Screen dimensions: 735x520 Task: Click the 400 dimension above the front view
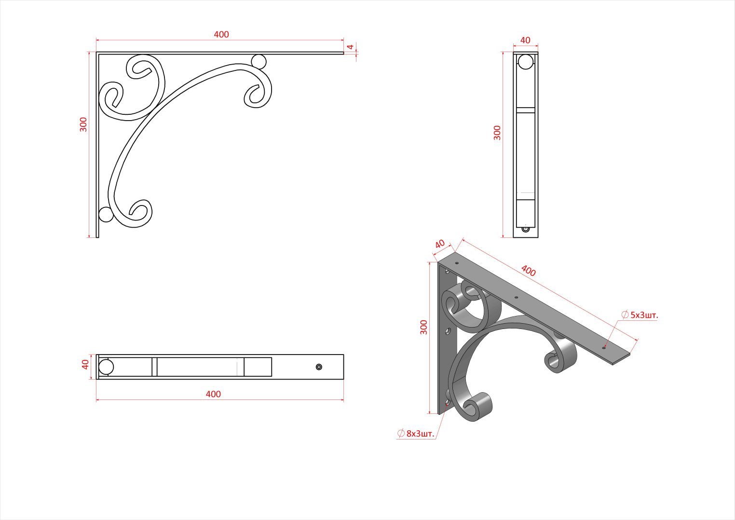[221, 34]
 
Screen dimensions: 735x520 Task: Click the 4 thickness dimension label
[351, 47]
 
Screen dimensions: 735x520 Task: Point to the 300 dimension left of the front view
[83, 124]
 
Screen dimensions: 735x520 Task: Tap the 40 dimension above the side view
[525, 40]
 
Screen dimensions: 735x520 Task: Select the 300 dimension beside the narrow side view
[497, 133]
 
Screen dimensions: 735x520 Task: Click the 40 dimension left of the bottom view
[85, 364]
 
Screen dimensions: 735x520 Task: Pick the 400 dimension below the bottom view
[213, 394]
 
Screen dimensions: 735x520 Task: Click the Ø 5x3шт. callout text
[640, 315]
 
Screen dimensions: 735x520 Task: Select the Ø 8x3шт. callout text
[416, 433]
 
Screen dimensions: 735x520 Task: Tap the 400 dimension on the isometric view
[529, 271]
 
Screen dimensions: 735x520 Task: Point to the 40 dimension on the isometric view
[440, 244]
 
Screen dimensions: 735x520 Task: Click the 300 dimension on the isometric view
[423, 328]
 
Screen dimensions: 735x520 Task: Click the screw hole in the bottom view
[319, 367]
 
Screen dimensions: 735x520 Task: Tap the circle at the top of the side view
[525, 62]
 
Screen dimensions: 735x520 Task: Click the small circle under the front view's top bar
[259, 61]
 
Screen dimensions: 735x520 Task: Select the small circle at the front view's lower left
[106, 214]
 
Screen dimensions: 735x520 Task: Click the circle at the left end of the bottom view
[106, 367]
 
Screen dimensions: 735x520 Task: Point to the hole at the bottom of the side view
[526, 229]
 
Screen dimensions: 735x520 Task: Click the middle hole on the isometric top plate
[516, 298]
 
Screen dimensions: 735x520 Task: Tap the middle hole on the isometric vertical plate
[448, 331]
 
